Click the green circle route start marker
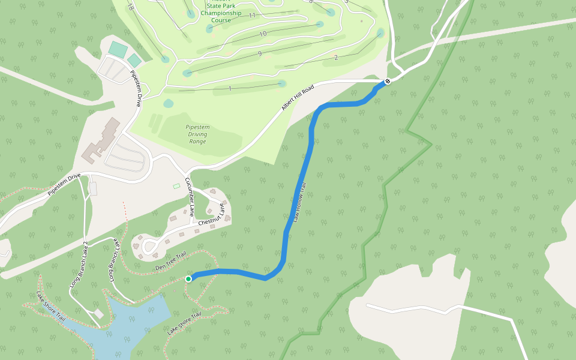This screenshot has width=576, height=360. coord(188,278)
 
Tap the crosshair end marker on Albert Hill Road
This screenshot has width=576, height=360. coord(388,81)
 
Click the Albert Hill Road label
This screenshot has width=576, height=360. coord(298,98)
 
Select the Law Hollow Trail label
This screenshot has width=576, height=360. coord(300,203)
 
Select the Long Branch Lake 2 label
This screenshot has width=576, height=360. coord(78,265)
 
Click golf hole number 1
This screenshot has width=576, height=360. coord(230,89)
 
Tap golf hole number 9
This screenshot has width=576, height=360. coord(259,55)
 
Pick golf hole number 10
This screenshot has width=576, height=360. coord(263,34)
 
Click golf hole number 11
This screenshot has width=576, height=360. coord(252,16)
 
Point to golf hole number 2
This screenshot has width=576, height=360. coord(336,58)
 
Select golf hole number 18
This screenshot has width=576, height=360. coord(130,7)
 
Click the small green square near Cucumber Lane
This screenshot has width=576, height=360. coord(176,186)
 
